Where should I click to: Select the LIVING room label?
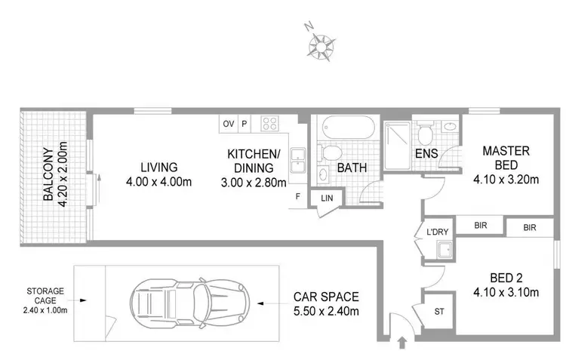158,167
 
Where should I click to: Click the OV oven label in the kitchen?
228,123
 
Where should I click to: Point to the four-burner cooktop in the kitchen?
269,123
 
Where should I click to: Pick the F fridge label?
300,197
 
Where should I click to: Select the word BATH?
352,167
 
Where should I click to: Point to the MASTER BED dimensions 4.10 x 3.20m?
506,180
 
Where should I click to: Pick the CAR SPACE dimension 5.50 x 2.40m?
327,311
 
